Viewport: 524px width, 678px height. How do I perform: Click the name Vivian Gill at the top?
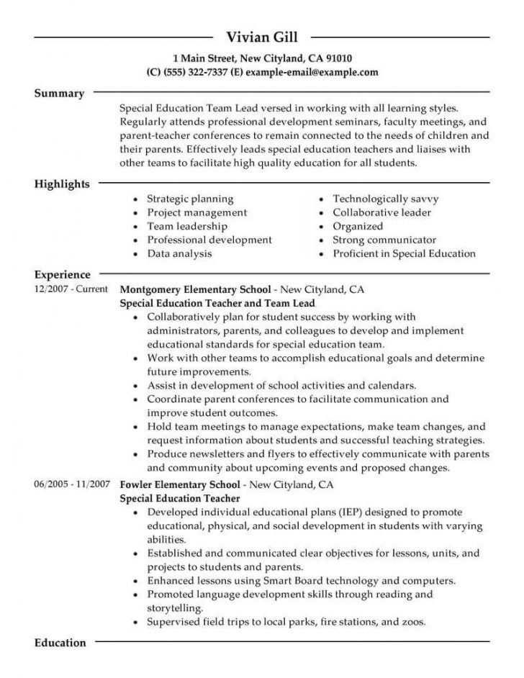pos(261,37)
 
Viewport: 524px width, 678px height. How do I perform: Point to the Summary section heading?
pos(59,94)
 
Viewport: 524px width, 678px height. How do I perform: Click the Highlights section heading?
pos(62,184)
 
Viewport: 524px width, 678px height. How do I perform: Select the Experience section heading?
pos(63,274)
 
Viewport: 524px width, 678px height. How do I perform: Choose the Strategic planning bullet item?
pos(190,199)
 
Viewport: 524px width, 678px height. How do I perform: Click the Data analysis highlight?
pos(179,253)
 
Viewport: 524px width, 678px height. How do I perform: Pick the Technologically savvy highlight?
pos(385,199)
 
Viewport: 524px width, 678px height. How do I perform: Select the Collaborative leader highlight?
pos(381,212)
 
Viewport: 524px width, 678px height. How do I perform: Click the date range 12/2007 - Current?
pos(71,289)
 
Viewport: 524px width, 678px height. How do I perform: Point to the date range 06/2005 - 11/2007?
pos(71,484)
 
